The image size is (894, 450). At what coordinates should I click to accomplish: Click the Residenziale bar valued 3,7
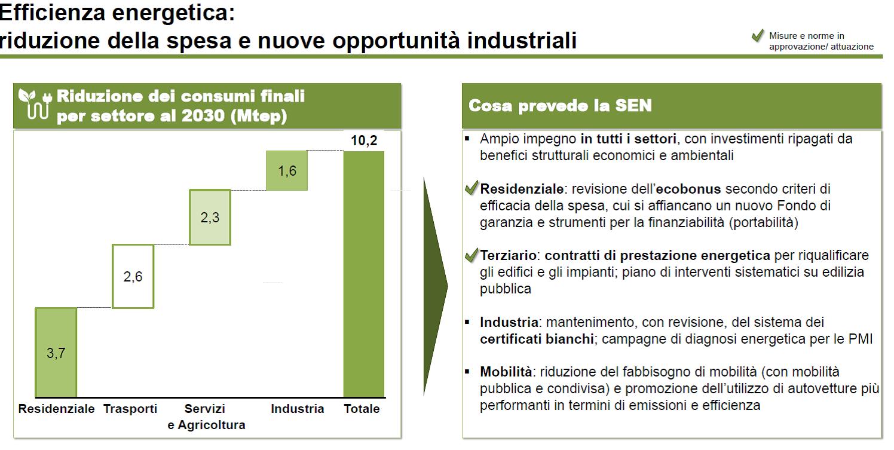pos(56,352)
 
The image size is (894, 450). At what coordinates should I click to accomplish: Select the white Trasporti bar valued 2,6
pos(133,276)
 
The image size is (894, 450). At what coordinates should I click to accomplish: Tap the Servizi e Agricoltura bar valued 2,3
pos(210,217)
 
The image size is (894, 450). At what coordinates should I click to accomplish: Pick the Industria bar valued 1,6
pos(287,170)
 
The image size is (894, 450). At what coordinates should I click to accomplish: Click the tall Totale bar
pos(364,274)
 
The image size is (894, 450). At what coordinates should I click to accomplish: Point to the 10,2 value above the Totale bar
pos(364,140)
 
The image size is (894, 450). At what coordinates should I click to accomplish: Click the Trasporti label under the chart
pos(130,409)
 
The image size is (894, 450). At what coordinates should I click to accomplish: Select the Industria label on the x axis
pos(298,409)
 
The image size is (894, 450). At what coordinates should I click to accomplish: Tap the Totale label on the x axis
pos(362,409)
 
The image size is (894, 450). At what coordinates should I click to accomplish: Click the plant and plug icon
pos(35,104)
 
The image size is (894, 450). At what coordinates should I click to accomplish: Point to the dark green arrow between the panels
pos(436,286)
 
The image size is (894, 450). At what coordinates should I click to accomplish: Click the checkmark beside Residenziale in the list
pos(472,187)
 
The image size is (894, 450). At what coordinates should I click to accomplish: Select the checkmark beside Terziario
pos(472,255)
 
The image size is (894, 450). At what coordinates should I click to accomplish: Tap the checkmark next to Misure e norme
pos(758,35)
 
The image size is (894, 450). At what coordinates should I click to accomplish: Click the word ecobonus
pos(688,189)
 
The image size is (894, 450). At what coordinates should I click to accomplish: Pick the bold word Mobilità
pos(506,372)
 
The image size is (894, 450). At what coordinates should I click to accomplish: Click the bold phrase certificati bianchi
pos(537,339)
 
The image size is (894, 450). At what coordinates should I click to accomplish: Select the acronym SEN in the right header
pos(633,105)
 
